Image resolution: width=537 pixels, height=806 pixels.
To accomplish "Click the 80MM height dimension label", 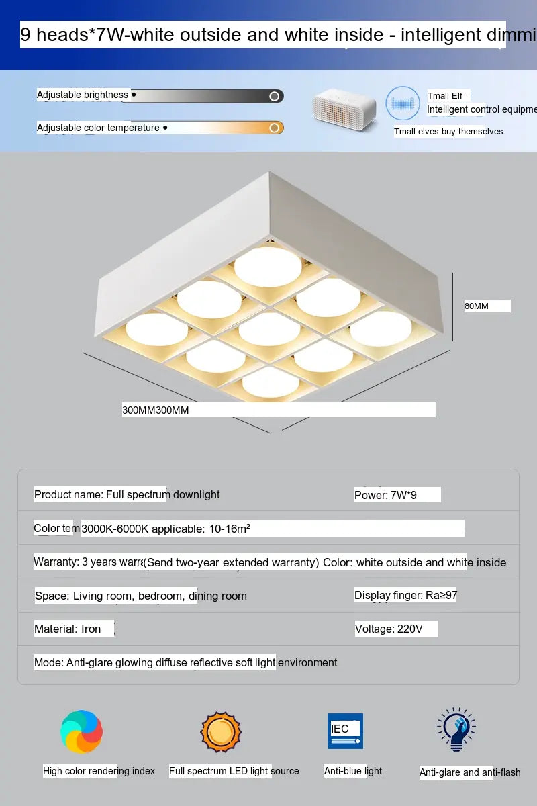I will click(x=477, y=306).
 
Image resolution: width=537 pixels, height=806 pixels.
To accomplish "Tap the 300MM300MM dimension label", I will click(x=156, y=410).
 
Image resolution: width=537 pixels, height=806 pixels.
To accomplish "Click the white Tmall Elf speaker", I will click(x=344, y=109).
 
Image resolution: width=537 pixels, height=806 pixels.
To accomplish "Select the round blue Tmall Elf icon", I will click(x=403, y=104).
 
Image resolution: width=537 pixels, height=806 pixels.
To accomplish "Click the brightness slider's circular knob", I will click(x=274, y=96).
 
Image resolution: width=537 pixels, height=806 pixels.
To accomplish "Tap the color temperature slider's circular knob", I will click(x=274, y=128).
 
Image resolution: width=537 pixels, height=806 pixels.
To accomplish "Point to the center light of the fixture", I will click(x=269, y=329).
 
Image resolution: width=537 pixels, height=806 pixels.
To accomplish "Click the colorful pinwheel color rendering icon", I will click(x=81, y=731).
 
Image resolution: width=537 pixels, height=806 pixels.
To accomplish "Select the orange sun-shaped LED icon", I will click(x=220, y=731).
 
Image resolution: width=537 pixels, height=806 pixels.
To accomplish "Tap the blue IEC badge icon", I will click(x=345, y=731).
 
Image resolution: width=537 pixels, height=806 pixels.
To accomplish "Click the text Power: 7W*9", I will click(x=385, y=495).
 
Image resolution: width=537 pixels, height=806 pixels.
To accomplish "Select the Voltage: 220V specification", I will click(x=389, y=629).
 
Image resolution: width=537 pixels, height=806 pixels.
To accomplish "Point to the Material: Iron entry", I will click(x=68, y=629).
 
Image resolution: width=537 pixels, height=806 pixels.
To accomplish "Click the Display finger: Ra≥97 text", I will click(x=405, y=596).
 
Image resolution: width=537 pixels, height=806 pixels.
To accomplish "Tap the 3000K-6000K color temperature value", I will click(x=114, y=529).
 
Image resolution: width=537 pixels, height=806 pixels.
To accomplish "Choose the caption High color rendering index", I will click(x=99, y=771).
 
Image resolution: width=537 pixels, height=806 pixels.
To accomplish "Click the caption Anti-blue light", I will click(x=353, y=771).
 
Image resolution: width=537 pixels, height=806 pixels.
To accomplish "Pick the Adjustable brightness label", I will click(x=83, y=95).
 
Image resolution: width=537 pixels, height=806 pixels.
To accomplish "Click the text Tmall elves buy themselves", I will click(x=448, y=132).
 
